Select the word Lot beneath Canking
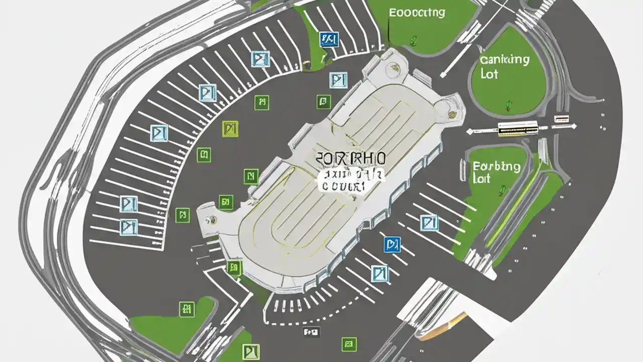(x=488, y=74)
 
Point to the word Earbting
(x=496, y=166)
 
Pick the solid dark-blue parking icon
(x=391, y=244)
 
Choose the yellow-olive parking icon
(x=229, y=129)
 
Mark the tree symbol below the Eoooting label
(x=413, y=40)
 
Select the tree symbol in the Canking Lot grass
(x=508, y=105)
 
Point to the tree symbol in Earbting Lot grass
(x=501, y=190)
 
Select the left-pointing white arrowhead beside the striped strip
(x=469, y=132)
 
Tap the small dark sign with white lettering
(x=311, y=332)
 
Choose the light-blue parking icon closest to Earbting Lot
(x=428, y=222)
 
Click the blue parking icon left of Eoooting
(x=329, y=39)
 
